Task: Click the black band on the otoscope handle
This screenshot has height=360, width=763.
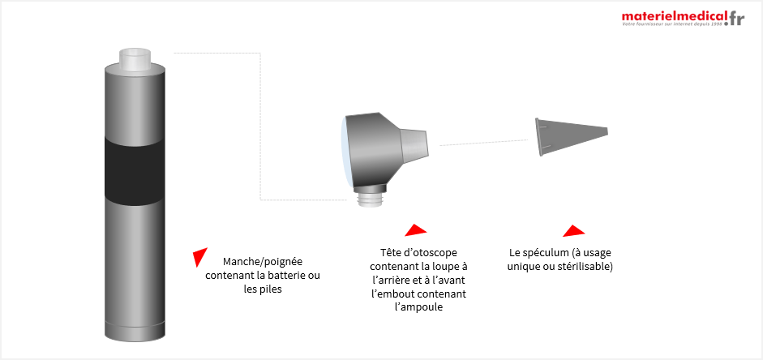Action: pos(135,169)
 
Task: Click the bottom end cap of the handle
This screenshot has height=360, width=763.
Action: pos(135,332)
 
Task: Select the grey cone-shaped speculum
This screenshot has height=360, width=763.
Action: pos(572,137)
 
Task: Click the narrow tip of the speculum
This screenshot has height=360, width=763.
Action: pos(607,131)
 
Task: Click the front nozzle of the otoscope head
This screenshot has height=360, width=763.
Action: pos(414,144)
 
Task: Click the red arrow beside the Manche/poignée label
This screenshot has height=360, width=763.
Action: pos(199,256)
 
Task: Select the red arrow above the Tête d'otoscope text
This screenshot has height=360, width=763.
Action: pos(416,230)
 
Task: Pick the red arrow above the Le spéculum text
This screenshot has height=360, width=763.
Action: pos(574,230)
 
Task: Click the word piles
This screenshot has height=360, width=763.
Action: pos(272,289)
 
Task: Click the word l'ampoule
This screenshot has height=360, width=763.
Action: pos(418,307)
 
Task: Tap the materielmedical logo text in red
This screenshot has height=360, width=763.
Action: pos(675,16)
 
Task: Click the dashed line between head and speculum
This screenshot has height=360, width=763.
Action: pos(484,143)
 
